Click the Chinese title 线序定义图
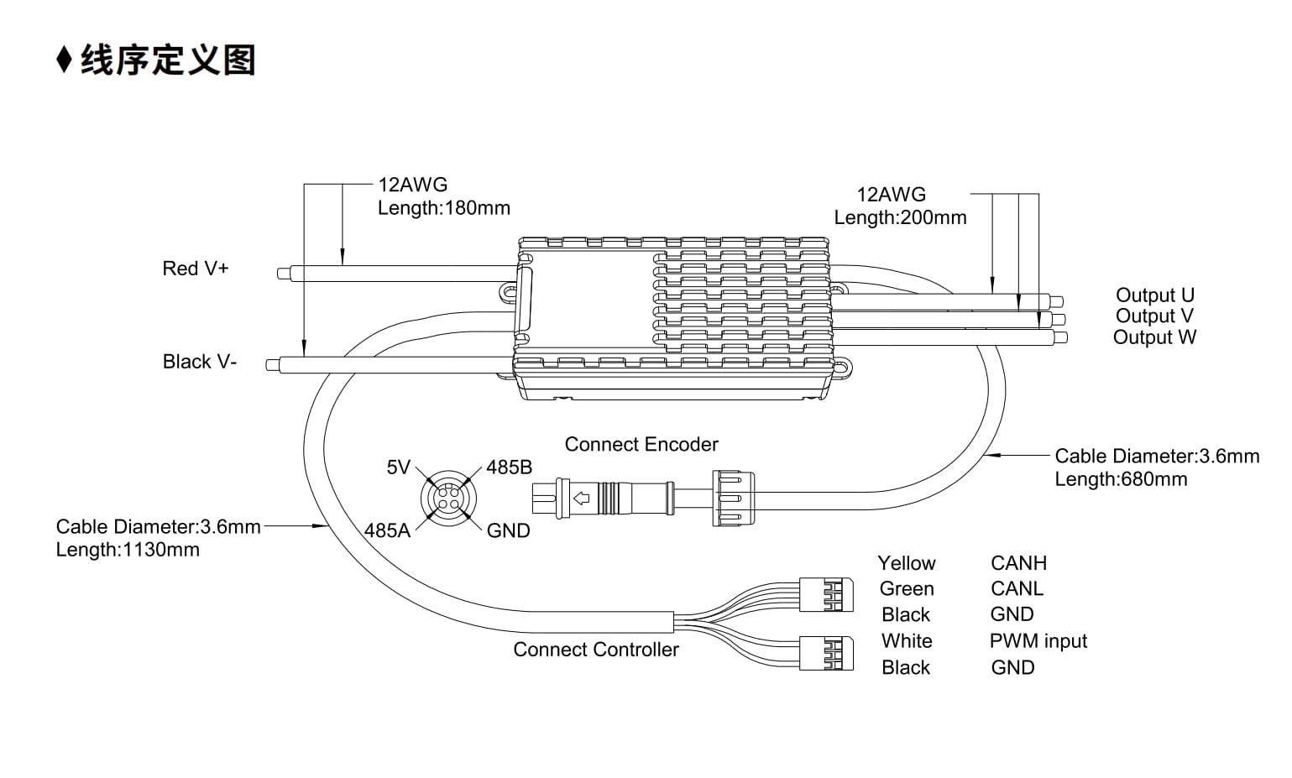[168, 60]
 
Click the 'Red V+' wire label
[196, 269]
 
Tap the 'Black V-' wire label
[200, 362]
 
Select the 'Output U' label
[1154, 295]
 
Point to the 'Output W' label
[1154, 337]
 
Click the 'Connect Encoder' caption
[641, 444]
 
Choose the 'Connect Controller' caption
[596, 650]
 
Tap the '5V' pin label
[399, 467]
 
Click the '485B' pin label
[509, 467]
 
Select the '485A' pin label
[387, 530]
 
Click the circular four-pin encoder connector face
[448, 499]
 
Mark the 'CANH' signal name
[1018, 563]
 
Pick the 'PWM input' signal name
[1038, 640]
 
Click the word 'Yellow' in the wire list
[906, 563]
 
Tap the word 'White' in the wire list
[907, 640]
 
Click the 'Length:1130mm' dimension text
[128, 550]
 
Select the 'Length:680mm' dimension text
[1121, 479]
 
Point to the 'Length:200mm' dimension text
[900, 217]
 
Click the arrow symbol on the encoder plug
[581, 498]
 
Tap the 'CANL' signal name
[1017, 588]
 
